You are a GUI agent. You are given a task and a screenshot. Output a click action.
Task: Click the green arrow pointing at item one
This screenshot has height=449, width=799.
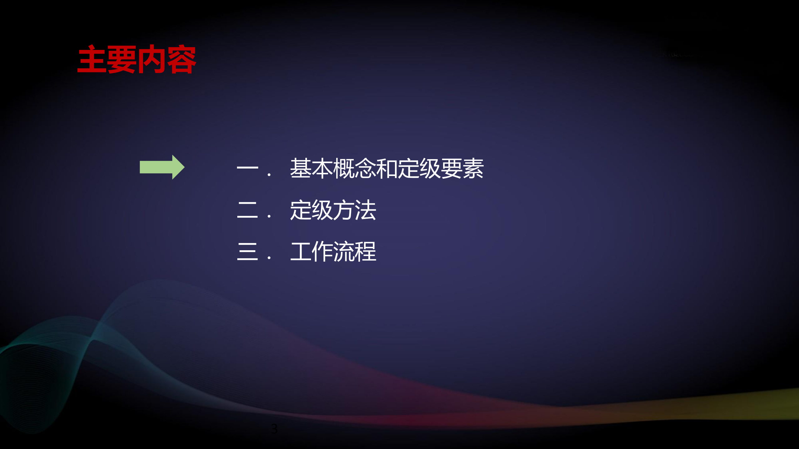tap(162, 167)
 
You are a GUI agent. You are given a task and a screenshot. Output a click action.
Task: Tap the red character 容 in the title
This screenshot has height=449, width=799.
tap(181, 59)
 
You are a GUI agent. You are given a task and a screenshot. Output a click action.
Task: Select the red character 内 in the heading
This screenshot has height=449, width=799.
tap(152, 59)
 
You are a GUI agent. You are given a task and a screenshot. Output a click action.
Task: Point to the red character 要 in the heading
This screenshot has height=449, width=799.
tap(122, 59)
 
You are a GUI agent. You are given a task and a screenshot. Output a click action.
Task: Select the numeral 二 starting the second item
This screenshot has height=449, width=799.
tap(248, 210)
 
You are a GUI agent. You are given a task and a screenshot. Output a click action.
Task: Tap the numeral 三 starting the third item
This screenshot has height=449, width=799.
tap(248, 251)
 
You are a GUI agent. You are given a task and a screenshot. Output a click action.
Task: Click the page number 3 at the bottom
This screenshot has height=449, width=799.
tap(274, 429)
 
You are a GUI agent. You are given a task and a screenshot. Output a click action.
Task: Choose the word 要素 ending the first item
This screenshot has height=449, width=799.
tap(462, 168)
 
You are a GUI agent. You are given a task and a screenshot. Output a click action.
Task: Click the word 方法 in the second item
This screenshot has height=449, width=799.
tap(354, 210)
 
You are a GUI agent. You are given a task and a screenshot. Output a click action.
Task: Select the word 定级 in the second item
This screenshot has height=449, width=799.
tap(311, 210)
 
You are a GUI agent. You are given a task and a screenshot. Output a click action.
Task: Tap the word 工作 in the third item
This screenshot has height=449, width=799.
tap(311, 251)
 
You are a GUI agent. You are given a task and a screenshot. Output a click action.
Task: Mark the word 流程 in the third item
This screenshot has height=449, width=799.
tap(354, 251)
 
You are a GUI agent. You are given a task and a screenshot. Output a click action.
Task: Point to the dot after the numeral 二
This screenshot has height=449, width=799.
tap(269, 216)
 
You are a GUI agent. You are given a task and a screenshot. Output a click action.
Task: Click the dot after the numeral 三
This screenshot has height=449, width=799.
tap(269, 258)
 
